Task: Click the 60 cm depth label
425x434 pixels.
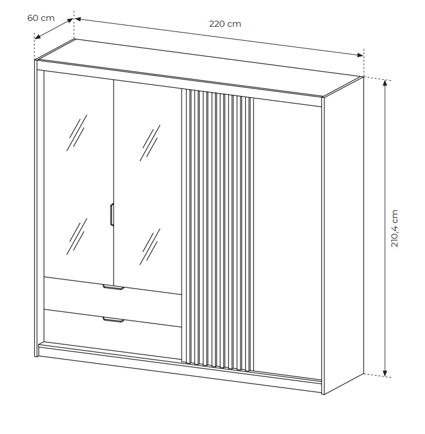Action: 41,18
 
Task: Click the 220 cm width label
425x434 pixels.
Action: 225,24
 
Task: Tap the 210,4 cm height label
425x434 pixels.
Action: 394,229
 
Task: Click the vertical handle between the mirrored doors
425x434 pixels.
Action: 112,215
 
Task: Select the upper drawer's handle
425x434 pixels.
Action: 114,287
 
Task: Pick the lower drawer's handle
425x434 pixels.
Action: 114,320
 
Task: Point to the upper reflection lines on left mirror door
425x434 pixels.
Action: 77,133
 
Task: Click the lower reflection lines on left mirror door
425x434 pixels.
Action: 77,236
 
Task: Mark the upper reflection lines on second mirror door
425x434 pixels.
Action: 150,143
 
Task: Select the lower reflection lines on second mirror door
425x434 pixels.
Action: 150,246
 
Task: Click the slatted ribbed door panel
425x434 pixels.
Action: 217,230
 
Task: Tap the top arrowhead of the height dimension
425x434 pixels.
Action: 385,83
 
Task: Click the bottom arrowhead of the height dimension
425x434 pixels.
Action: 385,374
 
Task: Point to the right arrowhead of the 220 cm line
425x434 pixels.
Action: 360,55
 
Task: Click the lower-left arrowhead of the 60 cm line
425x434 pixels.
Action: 37,37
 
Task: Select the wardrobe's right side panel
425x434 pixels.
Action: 343,235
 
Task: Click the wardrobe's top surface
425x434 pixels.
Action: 200,68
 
